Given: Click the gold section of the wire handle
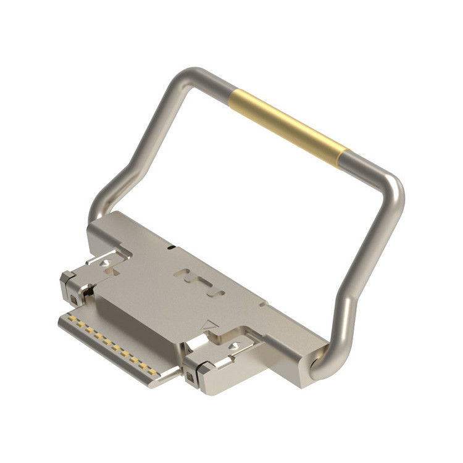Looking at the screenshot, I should click(x=288, y=126).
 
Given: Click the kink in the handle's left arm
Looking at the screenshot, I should click(x=123, y=176).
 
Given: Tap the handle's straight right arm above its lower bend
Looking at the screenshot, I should click(x=370, y=259).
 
